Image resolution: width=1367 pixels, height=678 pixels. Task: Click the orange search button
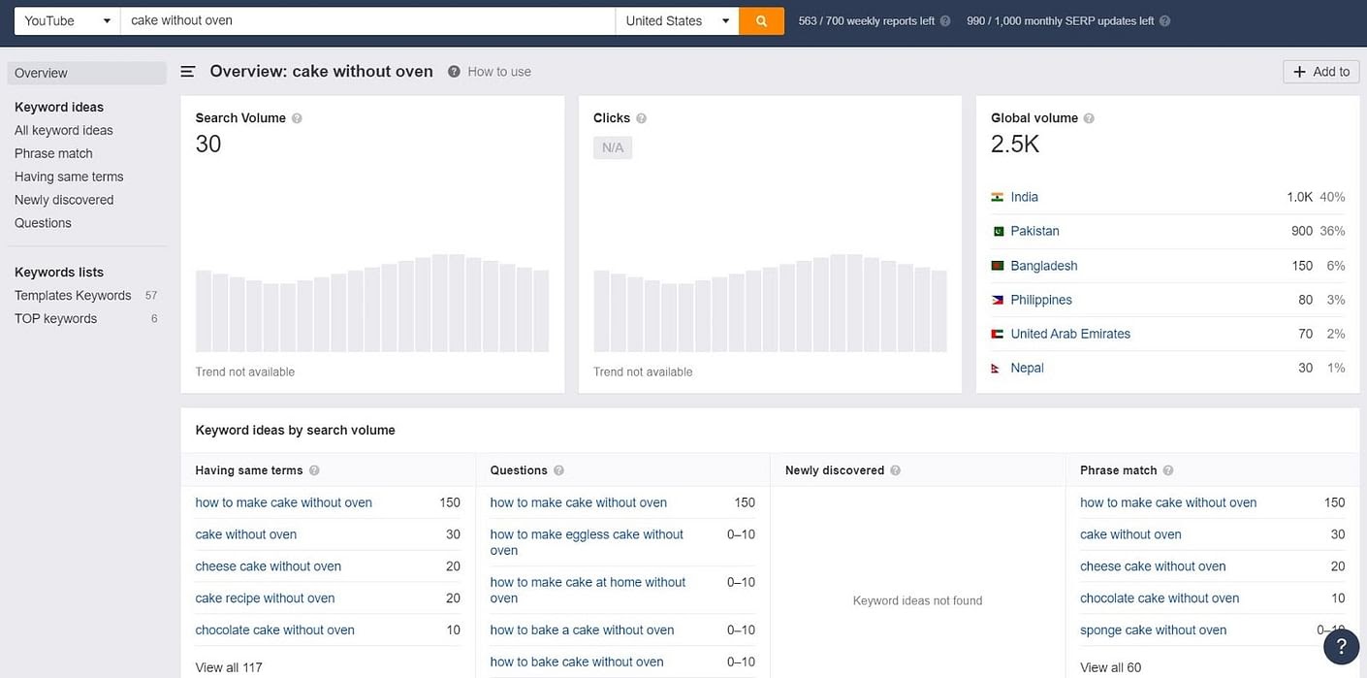[761, 20]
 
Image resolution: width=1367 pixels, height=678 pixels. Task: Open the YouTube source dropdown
[67, 20]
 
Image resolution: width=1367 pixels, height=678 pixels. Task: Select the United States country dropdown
[677, 20]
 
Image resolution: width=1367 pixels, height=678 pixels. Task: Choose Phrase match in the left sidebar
[53, 153]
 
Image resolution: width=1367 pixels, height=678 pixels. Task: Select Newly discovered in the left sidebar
[64, 200]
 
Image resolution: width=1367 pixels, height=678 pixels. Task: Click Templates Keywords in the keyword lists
[73, 295]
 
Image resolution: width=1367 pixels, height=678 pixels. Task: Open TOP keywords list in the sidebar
[55, 318]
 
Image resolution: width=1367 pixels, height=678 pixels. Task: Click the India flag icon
[997, 197]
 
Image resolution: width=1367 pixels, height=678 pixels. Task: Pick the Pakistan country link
[1034, 231]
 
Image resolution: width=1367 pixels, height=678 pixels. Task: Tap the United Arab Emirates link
[1070, 334]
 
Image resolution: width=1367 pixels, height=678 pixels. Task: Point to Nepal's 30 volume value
[1305, 368]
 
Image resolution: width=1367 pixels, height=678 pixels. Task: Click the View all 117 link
[229, 667]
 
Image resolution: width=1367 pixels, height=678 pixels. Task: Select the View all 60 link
[1110, 667]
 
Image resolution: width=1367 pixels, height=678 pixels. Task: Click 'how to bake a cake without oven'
[582, 630]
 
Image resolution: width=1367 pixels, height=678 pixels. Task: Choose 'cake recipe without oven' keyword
[265, 598]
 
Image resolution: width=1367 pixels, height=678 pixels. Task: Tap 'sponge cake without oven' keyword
[1153, 630]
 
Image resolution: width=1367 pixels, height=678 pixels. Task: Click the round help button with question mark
[1341, 646]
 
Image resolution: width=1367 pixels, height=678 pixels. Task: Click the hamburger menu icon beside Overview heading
[188, 72]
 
